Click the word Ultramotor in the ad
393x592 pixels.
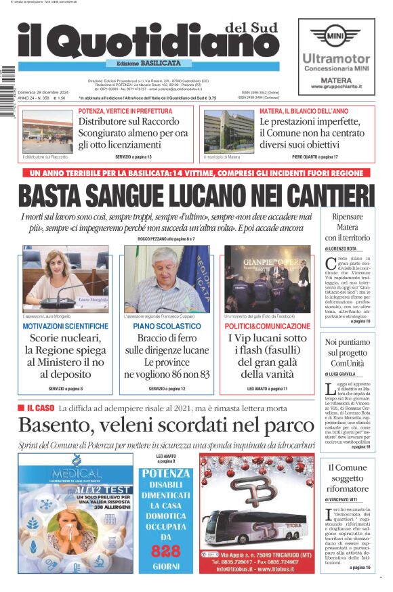pyautogui.click(x=335, y=59)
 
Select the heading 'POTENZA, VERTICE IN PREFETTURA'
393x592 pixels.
pyautogui.click(x=125, y=111)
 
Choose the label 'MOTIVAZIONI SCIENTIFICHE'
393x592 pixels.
pyautogui.click(x=65, y=326)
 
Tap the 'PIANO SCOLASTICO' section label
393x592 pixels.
pyautogui.click(x=167, y=326)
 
